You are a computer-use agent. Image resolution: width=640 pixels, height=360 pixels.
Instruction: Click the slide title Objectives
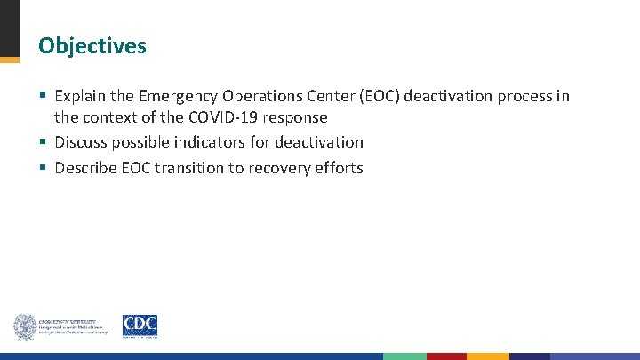92,46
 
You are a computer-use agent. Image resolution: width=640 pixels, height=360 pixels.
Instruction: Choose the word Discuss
83,142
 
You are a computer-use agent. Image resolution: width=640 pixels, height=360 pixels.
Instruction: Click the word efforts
340,168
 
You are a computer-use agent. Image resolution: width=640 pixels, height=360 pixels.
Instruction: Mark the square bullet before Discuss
43,142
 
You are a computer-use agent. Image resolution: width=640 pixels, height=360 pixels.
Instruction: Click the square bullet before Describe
43,168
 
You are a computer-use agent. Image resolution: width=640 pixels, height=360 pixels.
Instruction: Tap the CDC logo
140,326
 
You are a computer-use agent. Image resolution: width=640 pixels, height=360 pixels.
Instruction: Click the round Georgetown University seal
24,327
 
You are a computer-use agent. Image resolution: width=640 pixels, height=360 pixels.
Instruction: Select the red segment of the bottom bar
446,356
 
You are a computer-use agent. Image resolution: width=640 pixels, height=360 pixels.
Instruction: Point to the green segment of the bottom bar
404,356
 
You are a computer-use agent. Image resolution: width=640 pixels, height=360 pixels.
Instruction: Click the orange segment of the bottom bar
488,356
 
